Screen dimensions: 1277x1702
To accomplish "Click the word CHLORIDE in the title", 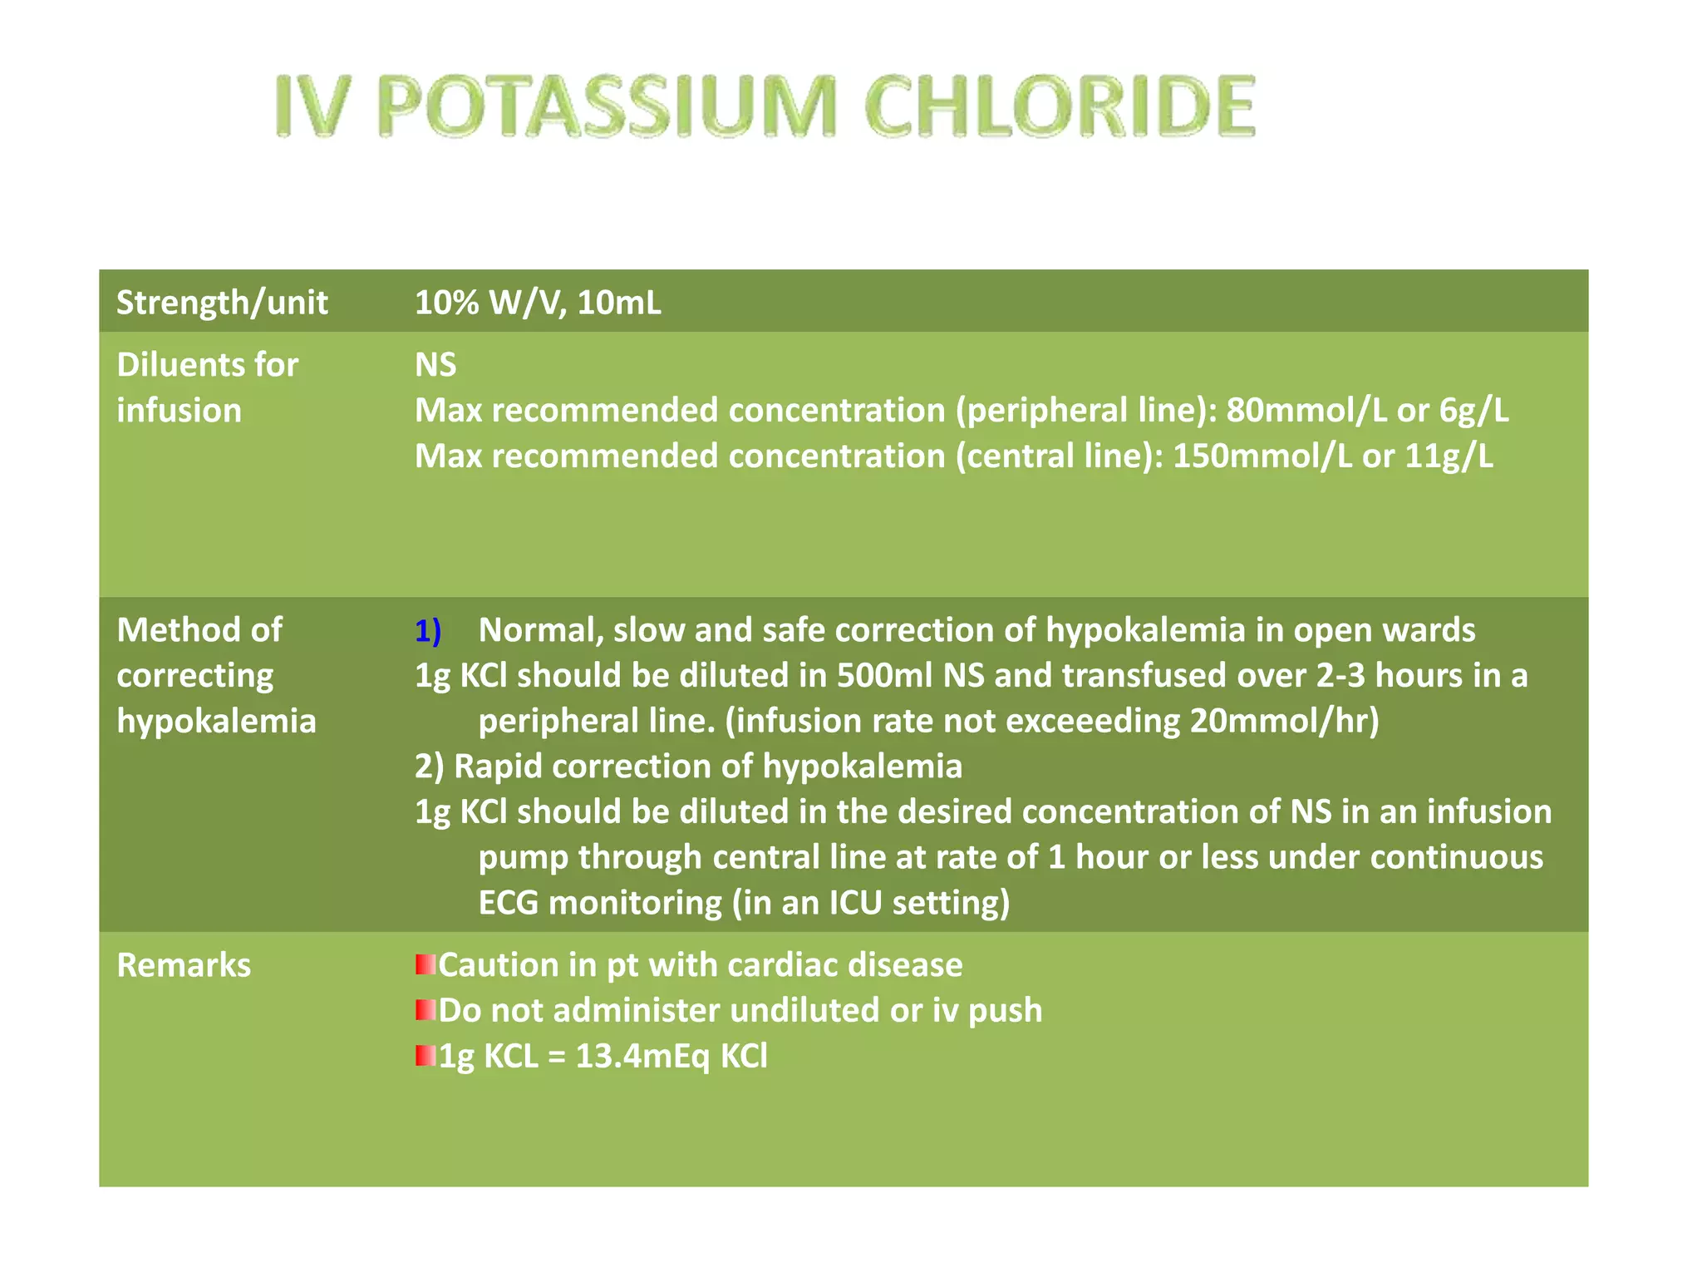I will pyautogui.click(x=1060, y=106).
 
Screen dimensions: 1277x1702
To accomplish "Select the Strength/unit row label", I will pyautogui.click(x=222, y=303).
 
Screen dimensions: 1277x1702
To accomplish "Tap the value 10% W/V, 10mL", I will pyautogui.click(x=538, y=303).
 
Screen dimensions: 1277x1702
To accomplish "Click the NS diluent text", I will pyautogui.click(x=435, y=365).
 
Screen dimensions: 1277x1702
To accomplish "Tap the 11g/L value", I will pyautogui.click(x=1449, y=456).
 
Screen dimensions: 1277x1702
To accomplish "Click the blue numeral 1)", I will pyautogui.click(x=428, y=631).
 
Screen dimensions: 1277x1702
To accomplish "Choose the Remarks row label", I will pyautogui.click(x=184, y=966).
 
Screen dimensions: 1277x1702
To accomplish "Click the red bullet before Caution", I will pyautogui.click(x=425, y=965).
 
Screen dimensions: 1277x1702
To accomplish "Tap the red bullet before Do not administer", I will pyautogui.click(x=425, y=1011).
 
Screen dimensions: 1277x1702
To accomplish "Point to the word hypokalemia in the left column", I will pyautogui.click(x=216, y=722).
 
